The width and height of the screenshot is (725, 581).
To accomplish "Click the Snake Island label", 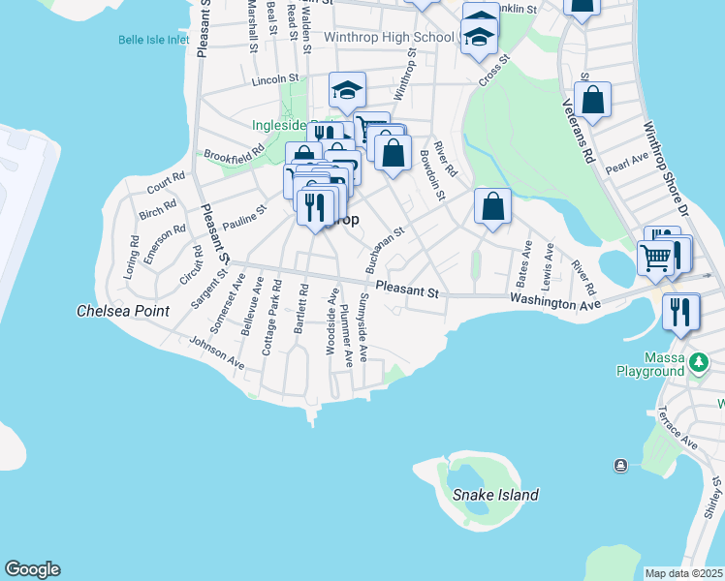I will [x=495, y=495].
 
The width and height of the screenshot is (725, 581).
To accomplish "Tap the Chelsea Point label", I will [x=123, y=312].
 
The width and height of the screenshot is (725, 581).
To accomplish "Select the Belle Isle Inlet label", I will [x=153, y=40].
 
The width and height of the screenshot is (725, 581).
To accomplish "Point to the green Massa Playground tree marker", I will [x=698, y=363].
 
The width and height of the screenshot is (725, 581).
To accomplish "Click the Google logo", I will [x=32, y=569].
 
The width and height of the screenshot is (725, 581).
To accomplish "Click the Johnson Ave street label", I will [x=217, y=352].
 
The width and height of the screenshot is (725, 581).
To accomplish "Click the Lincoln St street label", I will [x=275, y=80].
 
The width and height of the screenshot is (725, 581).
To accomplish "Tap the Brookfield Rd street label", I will [x=234, y=154].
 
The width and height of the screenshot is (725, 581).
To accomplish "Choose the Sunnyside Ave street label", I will [x=363, y=327].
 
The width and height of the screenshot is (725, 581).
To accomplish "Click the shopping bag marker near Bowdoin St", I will [x=492, y=205].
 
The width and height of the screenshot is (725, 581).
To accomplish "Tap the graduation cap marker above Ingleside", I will [x=347, y=90].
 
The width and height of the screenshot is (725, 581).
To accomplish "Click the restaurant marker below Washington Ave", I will [x=681, y=312].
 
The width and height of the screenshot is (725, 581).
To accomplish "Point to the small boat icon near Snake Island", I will [x=620, y=466].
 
